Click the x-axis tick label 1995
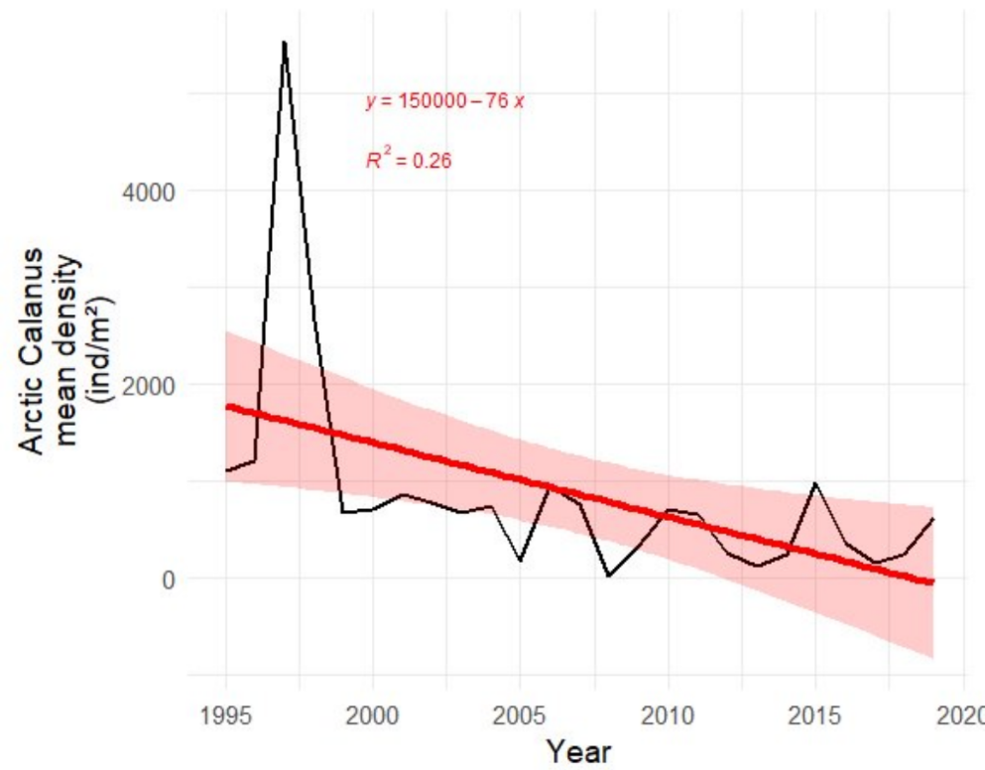pos(226,715)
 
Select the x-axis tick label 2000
pos(374,715)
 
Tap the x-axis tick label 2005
pos(521,715)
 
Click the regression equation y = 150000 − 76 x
pos(443,102)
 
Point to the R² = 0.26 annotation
pos(409,161)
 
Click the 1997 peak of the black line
pos(285,43)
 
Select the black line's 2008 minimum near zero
pos(608,576)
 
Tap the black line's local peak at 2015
pos(814,483)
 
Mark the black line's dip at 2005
pos(520,561)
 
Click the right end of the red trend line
pos(931,581)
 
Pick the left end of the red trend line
pos(227,406)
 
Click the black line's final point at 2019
pos(932,519)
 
